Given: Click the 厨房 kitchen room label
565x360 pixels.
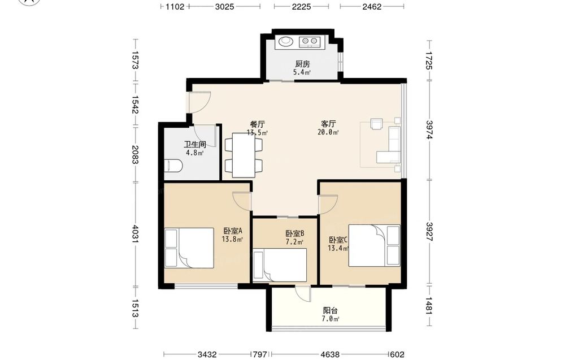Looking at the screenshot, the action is click(x=302, y=64).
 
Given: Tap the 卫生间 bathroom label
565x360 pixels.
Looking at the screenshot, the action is click(x=195, y=145).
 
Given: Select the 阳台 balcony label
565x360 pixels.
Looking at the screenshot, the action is click(x=331, y=310).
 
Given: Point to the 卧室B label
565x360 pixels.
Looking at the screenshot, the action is click(x=295, y=233).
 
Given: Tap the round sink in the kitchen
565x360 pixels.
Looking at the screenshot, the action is click(x=286, y=41).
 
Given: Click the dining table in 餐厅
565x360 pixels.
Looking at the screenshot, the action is click(x=244, y=155).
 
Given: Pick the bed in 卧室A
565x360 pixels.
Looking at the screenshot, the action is click(x=189, y=248).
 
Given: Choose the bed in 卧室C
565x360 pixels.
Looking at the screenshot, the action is click(x=375, y=245).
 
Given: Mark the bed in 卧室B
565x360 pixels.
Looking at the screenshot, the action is click(x=280, y=265).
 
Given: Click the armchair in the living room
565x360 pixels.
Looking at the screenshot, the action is click(x=377, y=124).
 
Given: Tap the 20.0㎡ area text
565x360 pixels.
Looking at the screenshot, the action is click(x=328, y=132).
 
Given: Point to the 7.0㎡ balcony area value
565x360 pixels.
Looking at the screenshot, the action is click(x=331, y=319).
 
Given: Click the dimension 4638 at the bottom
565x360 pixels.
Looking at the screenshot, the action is click(x=329, y=354).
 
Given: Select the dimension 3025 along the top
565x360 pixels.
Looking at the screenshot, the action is click(x=224, y=6).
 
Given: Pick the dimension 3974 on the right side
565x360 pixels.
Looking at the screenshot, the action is click(x=429, y=130).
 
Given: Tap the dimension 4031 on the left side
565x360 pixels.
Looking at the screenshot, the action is click(x=135, y=234).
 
